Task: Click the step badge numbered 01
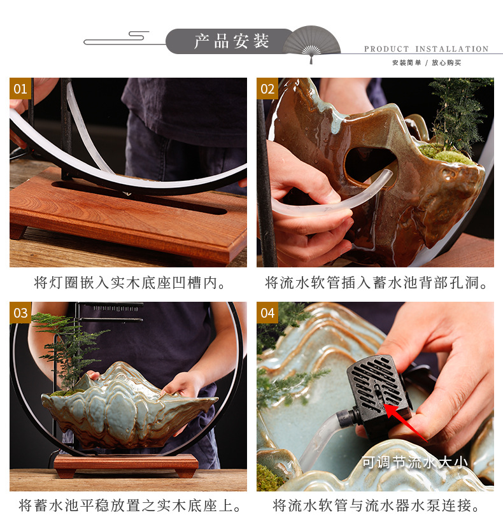(x=20, y=88)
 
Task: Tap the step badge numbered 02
(x=267, y=88)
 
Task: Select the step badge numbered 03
(x=20, y=313)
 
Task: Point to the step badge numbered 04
(x=267, y=313)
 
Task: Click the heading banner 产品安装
(x=231, y=41)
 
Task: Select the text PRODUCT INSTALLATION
(x=426, y=49)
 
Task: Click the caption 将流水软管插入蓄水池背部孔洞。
(x=376, y=283)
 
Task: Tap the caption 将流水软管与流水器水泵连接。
(x=376, y=506)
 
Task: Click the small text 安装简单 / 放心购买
(x=426, y=62)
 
